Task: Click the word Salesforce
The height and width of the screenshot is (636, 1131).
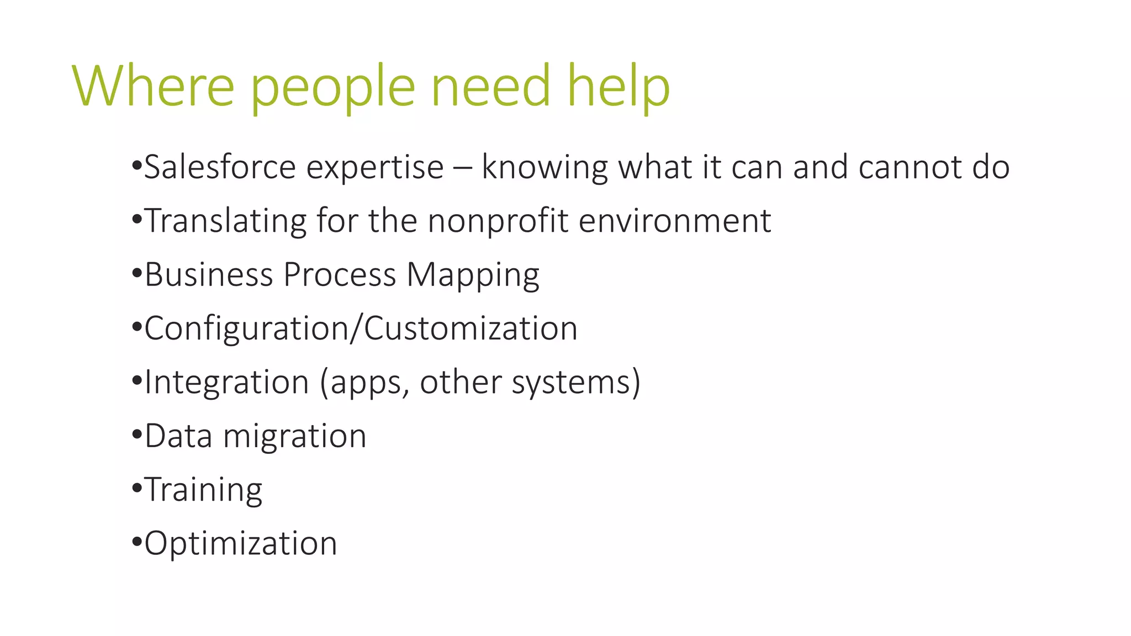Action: pos(220,167)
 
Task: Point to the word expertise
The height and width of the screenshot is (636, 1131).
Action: pos(375,168)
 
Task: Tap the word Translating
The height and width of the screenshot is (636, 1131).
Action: pos(225,221)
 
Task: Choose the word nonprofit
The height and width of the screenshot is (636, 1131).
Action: pos(498,221)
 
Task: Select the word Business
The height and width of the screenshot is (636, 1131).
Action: pos(208,274)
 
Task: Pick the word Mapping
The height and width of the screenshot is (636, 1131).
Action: pos(473,275)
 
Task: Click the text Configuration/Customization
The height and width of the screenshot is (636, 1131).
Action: pos(361,328)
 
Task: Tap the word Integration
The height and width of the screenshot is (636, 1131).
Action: pos(226,383)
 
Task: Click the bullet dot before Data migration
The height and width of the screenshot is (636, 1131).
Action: pos(137,434)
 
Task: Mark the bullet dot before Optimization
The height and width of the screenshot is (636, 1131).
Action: pos(137,542)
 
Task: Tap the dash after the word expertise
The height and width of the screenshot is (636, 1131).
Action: pos(462,168)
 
